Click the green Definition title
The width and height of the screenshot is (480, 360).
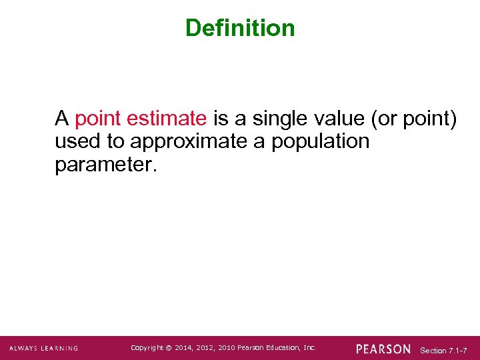coord(240,28)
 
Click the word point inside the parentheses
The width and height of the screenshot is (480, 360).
coord(429,119)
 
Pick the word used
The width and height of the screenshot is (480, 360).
coord(75,142)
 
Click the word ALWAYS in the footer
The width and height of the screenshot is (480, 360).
coord(25,348)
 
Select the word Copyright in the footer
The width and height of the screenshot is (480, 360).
coord(148,347)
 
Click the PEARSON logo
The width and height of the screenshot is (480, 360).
coord(383,349)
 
